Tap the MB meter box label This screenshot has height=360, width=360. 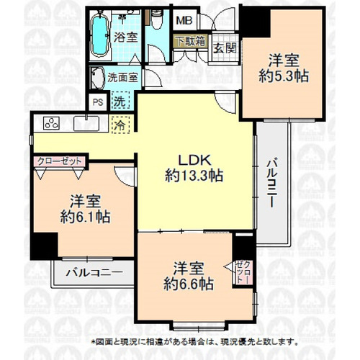[x=184, y=21]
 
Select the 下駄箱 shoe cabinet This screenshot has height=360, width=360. [x=191, y=41]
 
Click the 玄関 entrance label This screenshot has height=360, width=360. [x=225, y=49]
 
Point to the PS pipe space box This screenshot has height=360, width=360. [x=98, y=102]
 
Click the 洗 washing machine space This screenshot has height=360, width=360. [x=120, y=102]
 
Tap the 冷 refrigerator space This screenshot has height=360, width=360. [x=121, y=125]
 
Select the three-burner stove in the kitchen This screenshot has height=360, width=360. [x=51, y=122]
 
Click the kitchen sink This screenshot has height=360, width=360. [x=86, y=124]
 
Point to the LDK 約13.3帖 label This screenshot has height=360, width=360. [x=194, y=168]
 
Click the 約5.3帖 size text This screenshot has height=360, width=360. [x=284, y=76]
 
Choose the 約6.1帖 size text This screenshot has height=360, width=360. [x=85, y=217]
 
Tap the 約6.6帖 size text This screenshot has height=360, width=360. [x=189, y=284]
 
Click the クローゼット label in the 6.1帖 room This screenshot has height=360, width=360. [x=60, y=161]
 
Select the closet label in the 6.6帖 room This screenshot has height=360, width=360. [x=243, y=272]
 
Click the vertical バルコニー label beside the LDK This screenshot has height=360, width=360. [x=271, y=182]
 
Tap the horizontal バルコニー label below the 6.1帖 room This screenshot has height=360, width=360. [x=94, y=273]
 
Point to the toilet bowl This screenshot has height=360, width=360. [x=157, y=20]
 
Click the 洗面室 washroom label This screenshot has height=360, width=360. [x=122, y=78]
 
